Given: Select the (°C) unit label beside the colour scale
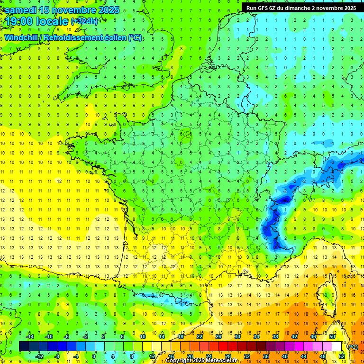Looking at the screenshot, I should click(353, 346).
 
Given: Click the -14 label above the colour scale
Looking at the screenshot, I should click(29, 337).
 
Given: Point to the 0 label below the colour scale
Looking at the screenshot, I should click(94, 356).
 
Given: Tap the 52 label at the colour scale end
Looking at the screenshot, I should click(341, 356).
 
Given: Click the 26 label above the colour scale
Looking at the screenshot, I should click(218, 337).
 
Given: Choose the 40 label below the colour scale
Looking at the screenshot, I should click(284, 356).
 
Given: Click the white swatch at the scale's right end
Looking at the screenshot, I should click(337, 346).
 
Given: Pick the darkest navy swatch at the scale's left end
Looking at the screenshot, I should click(24, 346).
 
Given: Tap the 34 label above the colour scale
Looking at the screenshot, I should click(256, 337).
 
